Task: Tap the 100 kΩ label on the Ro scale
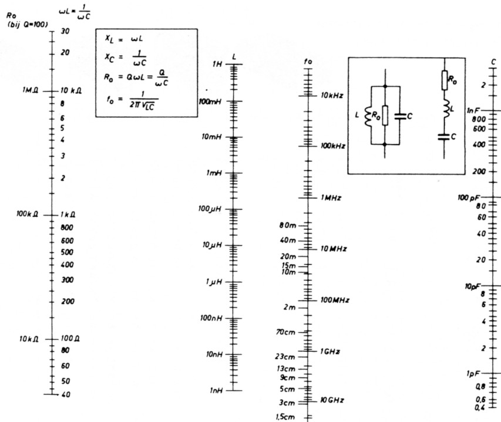28,214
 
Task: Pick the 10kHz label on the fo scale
332,94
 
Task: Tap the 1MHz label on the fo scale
331,198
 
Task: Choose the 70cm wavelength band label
287,332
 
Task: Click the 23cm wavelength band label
287,356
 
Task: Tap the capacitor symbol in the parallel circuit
401,116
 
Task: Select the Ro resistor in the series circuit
445,81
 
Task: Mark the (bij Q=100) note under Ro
26,24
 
